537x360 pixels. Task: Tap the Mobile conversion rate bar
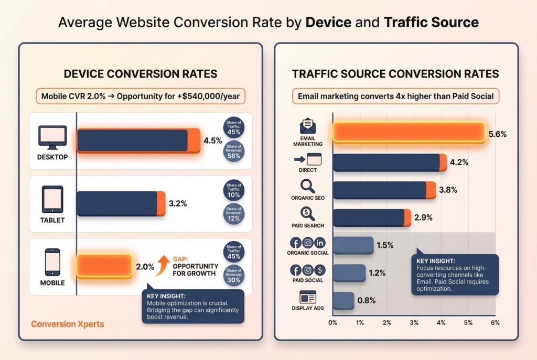pos(104,266)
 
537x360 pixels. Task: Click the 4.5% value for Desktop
pos(213,140)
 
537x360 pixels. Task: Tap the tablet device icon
pos(52,199)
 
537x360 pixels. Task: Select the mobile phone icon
pos(52,262)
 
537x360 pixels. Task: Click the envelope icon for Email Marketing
pos(308,126)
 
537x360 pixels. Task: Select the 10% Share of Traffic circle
pos(233,191)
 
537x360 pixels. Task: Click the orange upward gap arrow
pos(163,263)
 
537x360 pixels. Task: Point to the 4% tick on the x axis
pos(441,322)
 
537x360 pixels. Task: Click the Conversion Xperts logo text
pos(67,324)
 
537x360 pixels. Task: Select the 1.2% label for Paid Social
pos(377,272)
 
